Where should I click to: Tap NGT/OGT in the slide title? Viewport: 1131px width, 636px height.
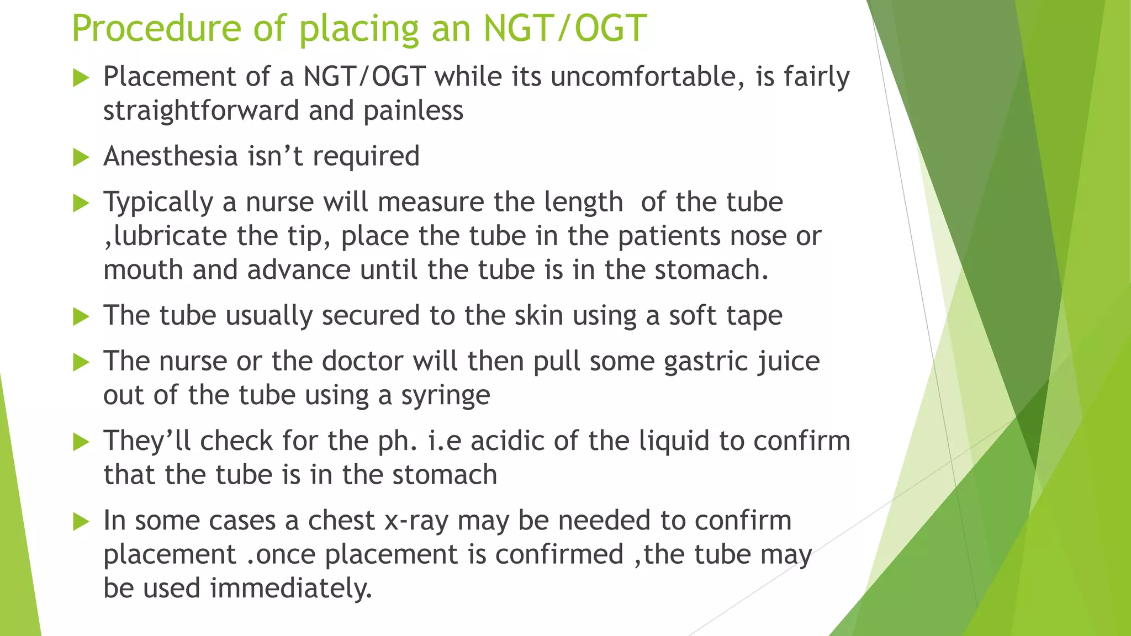[x=564, y=28]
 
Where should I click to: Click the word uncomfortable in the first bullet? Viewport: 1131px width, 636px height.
[x=644, y=77]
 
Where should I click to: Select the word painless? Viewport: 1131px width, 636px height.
[x=413, y=111]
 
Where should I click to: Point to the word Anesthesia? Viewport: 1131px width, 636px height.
[x=171, y=156]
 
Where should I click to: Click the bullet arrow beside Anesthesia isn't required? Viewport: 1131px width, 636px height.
[x=81, y=158]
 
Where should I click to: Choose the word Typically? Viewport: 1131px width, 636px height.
[x=158, y=203]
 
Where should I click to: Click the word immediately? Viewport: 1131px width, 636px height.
[x=291, y=589]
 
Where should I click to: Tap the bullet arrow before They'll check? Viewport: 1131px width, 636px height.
[x=81, y=442]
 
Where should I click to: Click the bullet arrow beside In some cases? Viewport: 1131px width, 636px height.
[x=81, y=522]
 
